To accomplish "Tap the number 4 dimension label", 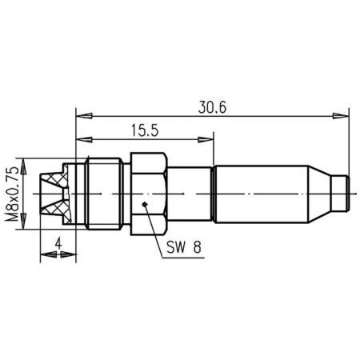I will pos(57,242).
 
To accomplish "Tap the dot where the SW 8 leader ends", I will pos(143,206).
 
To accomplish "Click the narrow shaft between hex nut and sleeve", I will pos(190,194).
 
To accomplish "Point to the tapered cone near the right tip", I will pos(321,194).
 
